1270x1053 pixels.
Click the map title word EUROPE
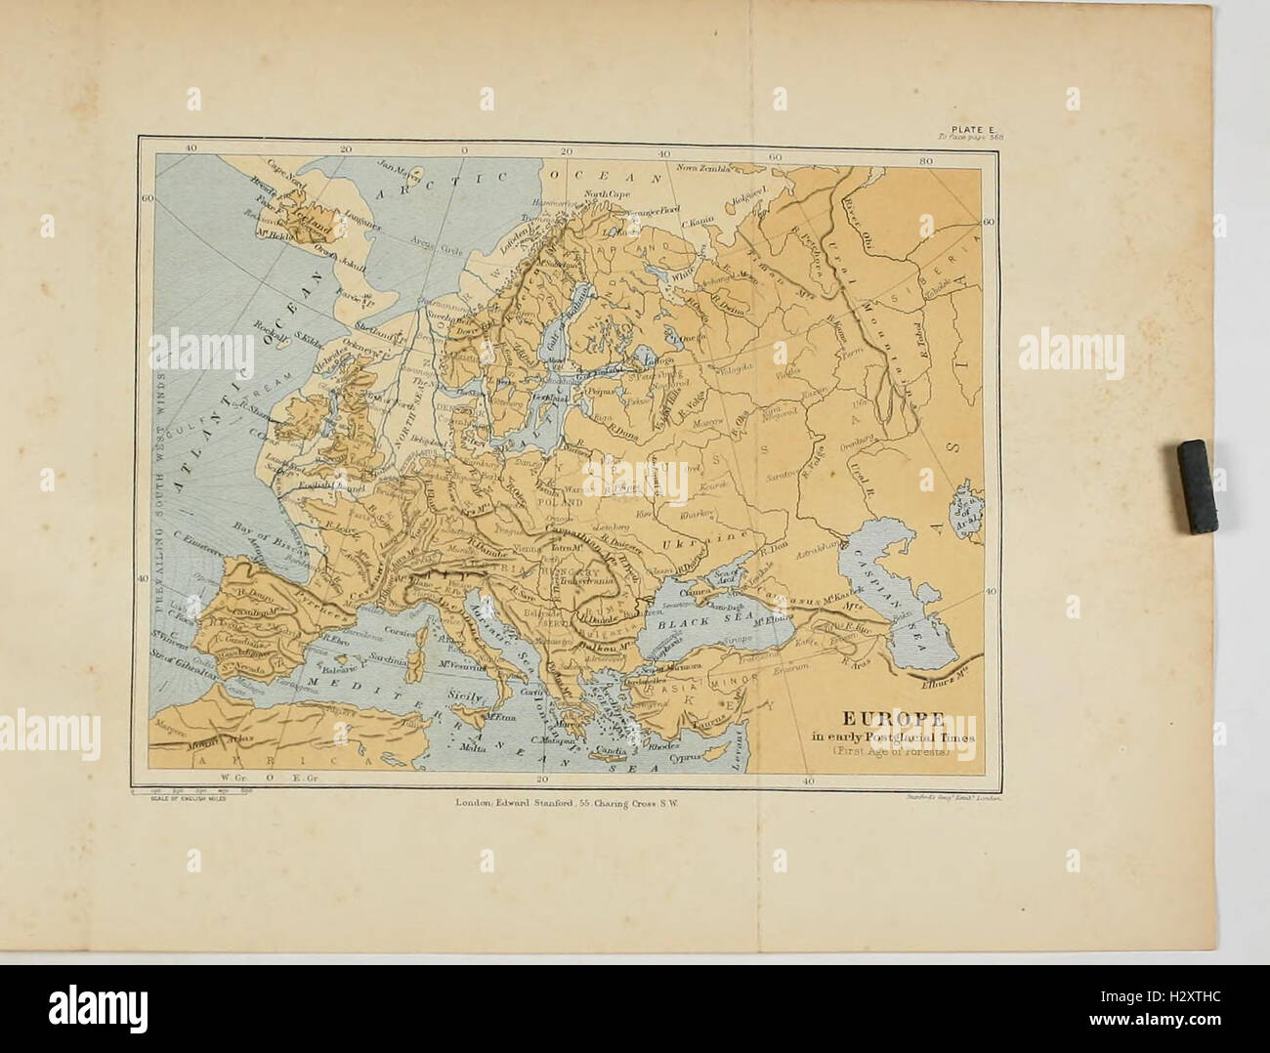(889, 720)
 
